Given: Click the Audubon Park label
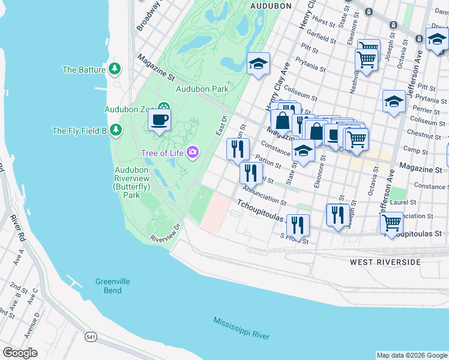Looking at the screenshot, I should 202,89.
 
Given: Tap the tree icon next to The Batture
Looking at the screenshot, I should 115,70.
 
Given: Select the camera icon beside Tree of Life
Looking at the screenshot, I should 192,152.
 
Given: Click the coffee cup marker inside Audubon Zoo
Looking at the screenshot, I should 160,119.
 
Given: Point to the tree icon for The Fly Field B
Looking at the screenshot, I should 115,130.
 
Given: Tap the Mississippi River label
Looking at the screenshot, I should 241,328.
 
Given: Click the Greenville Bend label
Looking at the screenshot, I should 108,286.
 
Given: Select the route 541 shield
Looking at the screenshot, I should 91,337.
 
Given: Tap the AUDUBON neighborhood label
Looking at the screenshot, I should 270,6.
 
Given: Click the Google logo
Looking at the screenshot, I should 20,353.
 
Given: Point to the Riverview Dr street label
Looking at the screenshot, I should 166,233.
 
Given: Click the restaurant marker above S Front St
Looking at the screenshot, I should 298,225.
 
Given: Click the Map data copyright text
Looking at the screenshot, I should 411,355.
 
